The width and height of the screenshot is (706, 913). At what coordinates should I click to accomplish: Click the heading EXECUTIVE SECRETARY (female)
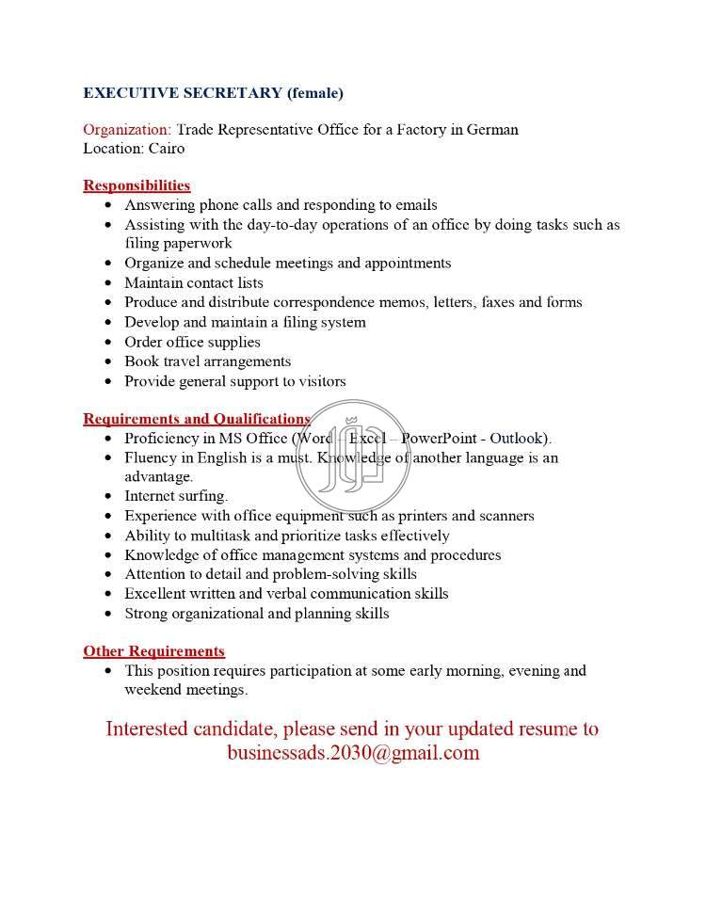point(213,92)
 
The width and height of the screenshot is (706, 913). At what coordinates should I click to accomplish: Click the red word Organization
point(126,129)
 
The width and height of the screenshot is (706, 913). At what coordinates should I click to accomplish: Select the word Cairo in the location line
point(166,148)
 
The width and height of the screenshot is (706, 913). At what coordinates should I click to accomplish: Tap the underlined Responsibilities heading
point(136,185)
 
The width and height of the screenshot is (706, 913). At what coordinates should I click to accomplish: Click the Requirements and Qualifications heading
point(197,419)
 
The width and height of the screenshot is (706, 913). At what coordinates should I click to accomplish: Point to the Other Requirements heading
point(153,651)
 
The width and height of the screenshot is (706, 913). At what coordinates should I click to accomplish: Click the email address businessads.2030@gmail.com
point(353,753)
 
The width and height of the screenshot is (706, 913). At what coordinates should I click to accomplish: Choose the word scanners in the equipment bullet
point(505,516)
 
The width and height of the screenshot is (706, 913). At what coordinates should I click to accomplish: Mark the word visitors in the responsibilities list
point(319,381)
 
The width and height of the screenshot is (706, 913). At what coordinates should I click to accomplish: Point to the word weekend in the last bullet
point(153,690)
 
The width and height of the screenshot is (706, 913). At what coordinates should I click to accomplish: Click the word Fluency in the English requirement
point(152,457)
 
